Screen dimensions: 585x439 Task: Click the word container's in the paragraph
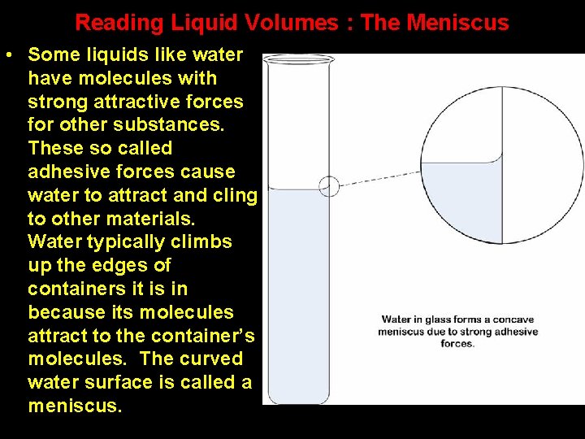point(197,336)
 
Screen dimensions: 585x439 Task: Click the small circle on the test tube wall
point(329,186)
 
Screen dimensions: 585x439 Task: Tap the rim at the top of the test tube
point(298,59)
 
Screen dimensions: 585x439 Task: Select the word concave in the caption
point(514,319)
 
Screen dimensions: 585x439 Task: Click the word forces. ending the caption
point(457,344)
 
